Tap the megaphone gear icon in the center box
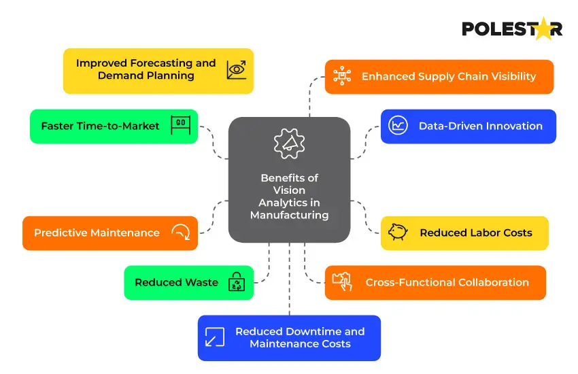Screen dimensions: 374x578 (x=288, y=143)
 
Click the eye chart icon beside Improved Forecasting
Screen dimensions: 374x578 (x=237, y=69)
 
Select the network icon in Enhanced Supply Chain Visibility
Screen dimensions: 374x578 (x=342, y=76)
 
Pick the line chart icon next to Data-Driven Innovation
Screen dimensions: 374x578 (x=398, y=126)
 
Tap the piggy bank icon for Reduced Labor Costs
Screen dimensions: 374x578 (x=398, y=233)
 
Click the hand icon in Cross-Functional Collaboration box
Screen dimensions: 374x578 (x=342, y=281)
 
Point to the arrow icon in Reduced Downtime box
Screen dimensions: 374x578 (x=215, y=337)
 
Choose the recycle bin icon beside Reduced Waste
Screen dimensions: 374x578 (x=236, y=282)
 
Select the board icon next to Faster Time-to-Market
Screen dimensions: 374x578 (x=180, y=126)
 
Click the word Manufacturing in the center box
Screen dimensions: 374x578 (x=289, y=215)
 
